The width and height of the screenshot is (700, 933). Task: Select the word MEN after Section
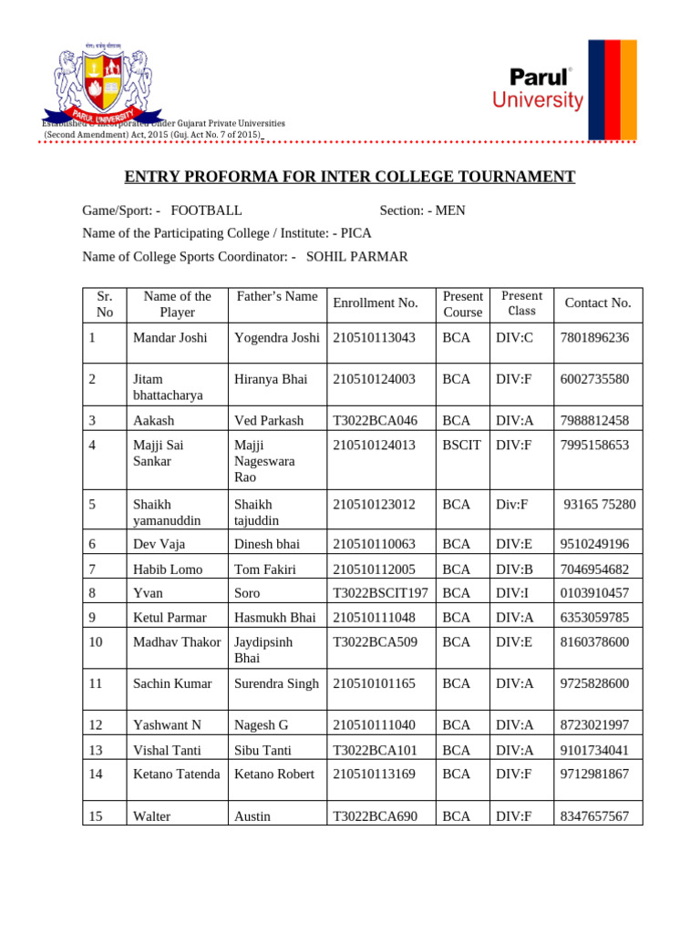[449, 210]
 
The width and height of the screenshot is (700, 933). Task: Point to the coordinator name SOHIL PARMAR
[356, 257]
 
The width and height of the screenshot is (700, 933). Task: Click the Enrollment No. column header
[376, 303]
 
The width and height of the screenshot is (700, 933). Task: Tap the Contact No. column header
[598, 303]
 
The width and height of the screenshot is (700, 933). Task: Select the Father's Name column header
[277, 296]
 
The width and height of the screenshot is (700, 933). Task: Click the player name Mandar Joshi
[170, 338]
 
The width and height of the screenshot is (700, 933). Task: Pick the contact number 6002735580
[594, 379]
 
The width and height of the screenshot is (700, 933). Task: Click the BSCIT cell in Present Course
[461, 446]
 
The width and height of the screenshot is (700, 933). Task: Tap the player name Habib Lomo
[169, 569]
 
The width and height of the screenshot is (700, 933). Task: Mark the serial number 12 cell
[103, 725]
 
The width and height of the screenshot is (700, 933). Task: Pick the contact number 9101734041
[594, 751]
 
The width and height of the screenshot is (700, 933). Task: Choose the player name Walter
[153, 816]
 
